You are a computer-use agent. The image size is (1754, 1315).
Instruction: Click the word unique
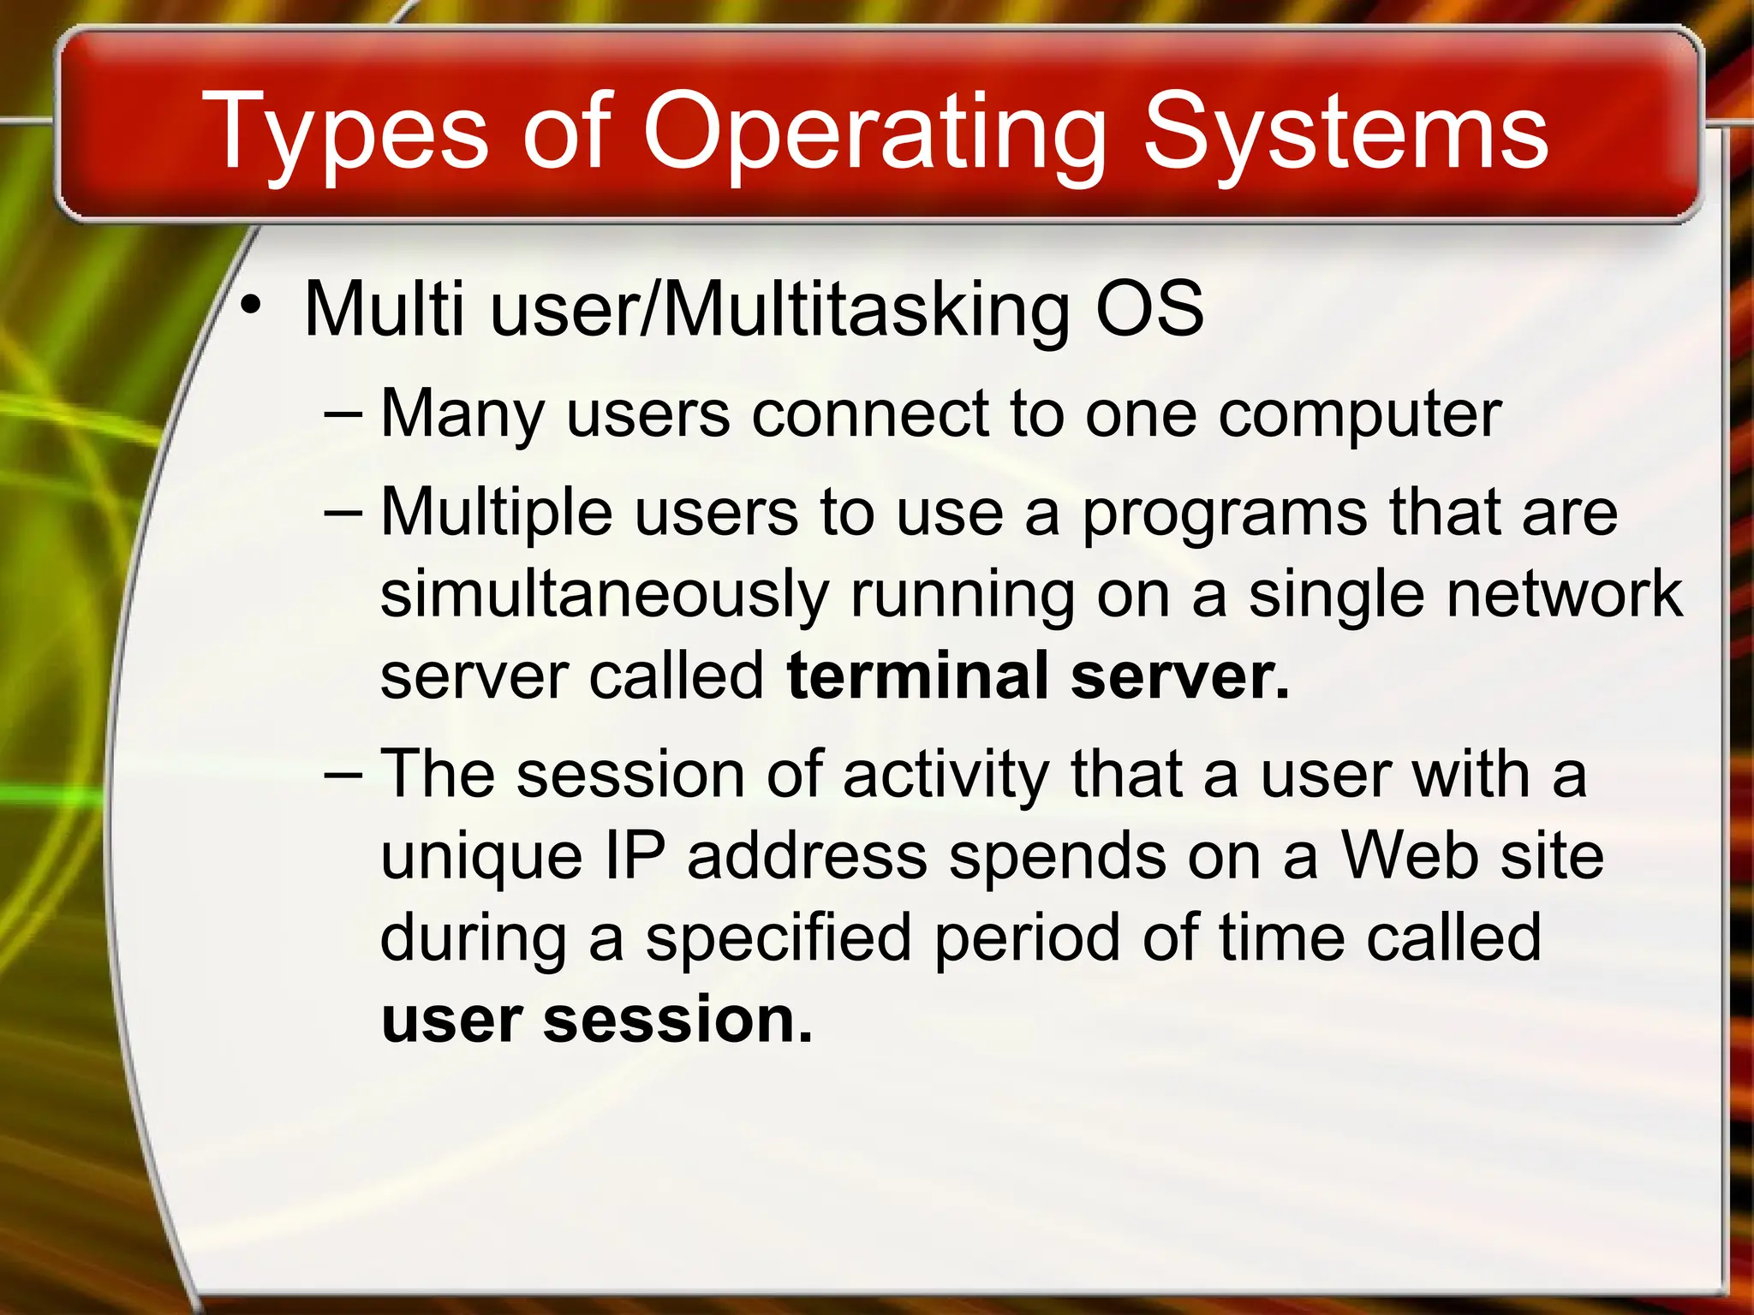pos(481,858)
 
